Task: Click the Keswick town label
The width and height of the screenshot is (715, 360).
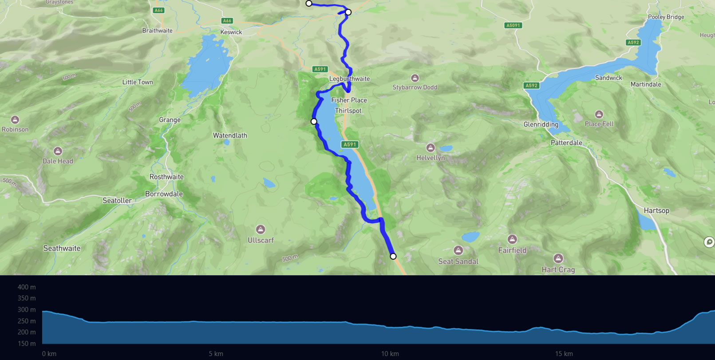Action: coord(231,32)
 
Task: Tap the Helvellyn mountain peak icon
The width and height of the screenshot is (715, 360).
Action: coord(430,148)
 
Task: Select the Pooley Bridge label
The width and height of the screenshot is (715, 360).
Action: coord(666,17)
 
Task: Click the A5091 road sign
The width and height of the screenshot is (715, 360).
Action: coord(513,25)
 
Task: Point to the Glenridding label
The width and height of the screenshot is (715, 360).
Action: coord(541,124)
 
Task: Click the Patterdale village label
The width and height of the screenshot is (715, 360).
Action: coord(566,142)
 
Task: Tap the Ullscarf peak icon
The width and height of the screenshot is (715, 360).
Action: coord(261,229)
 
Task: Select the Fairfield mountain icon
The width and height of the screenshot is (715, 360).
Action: coord(512,239)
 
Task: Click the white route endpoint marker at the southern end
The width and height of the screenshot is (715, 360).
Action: coord(393,256)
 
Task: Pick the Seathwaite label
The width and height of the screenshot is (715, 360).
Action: coord(62,248)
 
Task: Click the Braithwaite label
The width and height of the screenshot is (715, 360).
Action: coord(157,31)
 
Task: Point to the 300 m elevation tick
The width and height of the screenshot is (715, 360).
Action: coord(27,309)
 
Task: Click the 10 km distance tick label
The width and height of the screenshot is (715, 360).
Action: coord(390,354)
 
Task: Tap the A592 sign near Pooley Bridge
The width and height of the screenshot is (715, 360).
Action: coord(633,43)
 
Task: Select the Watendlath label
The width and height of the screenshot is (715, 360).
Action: coord(230,135)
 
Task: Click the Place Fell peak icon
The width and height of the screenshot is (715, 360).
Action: coord(599,114)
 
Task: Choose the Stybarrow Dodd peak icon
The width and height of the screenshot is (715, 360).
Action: coord(415,78)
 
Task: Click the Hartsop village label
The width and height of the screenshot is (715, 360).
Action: coord(656,210)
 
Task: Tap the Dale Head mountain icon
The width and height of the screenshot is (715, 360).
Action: coord(58,151)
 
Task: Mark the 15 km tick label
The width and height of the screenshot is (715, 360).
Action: coord(564,354)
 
